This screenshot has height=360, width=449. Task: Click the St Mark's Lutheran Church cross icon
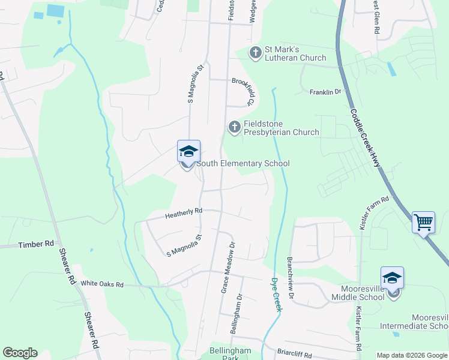[256, 53]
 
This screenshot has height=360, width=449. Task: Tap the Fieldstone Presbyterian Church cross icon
[234, 127]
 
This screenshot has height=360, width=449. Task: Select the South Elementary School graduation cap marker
[188, 152]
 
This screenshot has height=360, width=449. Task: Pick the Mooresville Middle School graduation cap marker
[392, 278]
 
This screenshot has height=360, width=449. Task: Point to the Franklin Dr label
[325, 92]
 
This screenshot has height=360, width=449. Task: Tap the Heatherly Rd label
[184, 211]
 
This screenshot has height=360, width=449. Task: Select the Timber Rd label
[36, 245]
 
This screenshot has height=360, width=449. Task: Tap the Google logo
[20, 353]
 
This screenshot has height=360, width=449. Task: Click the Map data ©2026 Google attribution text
[411, 355]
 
